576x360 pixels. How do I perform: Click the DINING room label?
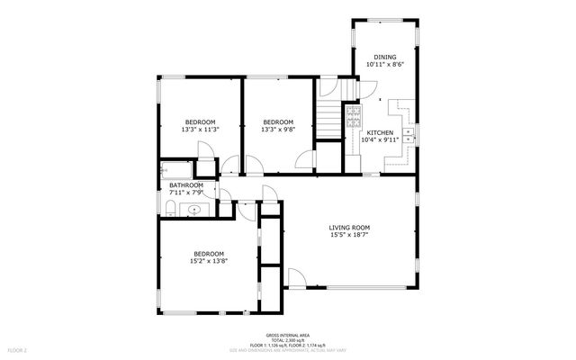(x=384, y=57)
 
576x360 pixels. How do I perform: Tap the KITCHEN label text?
(x=378, y=132)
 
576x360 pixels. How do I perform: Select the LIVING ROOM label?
(x=349, y=227)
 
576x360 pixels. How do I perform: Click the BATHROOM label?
(x=187, y=185)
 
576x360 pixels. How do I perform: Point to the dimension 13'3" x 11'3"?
(x=201, y=130)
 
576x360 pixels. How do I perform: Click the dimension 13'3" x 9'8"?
(x=278, y=130)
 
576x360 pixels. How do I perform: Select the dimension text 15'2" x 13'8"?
(x=208, y=262)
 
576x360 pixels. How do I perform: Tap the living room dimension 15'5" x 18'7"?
(x=349, y=235)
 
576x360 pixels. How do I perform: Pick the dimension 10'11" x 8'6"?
(x=384, y=65)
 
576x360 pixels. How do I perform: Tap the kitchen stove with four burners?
(x=353, y=117)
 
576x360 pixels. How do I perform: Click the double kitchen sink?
(x=408, y=135)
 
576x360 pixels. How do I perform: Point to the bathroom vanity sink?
(x=193, y=209)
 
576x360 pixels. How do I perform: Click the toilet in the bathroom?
(x=170, y=211)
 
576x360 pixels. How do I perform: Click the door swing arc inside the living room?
(x=296, y=276)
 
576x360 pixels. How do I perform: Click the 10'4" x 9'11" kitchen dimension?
(x=378, y=139)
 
